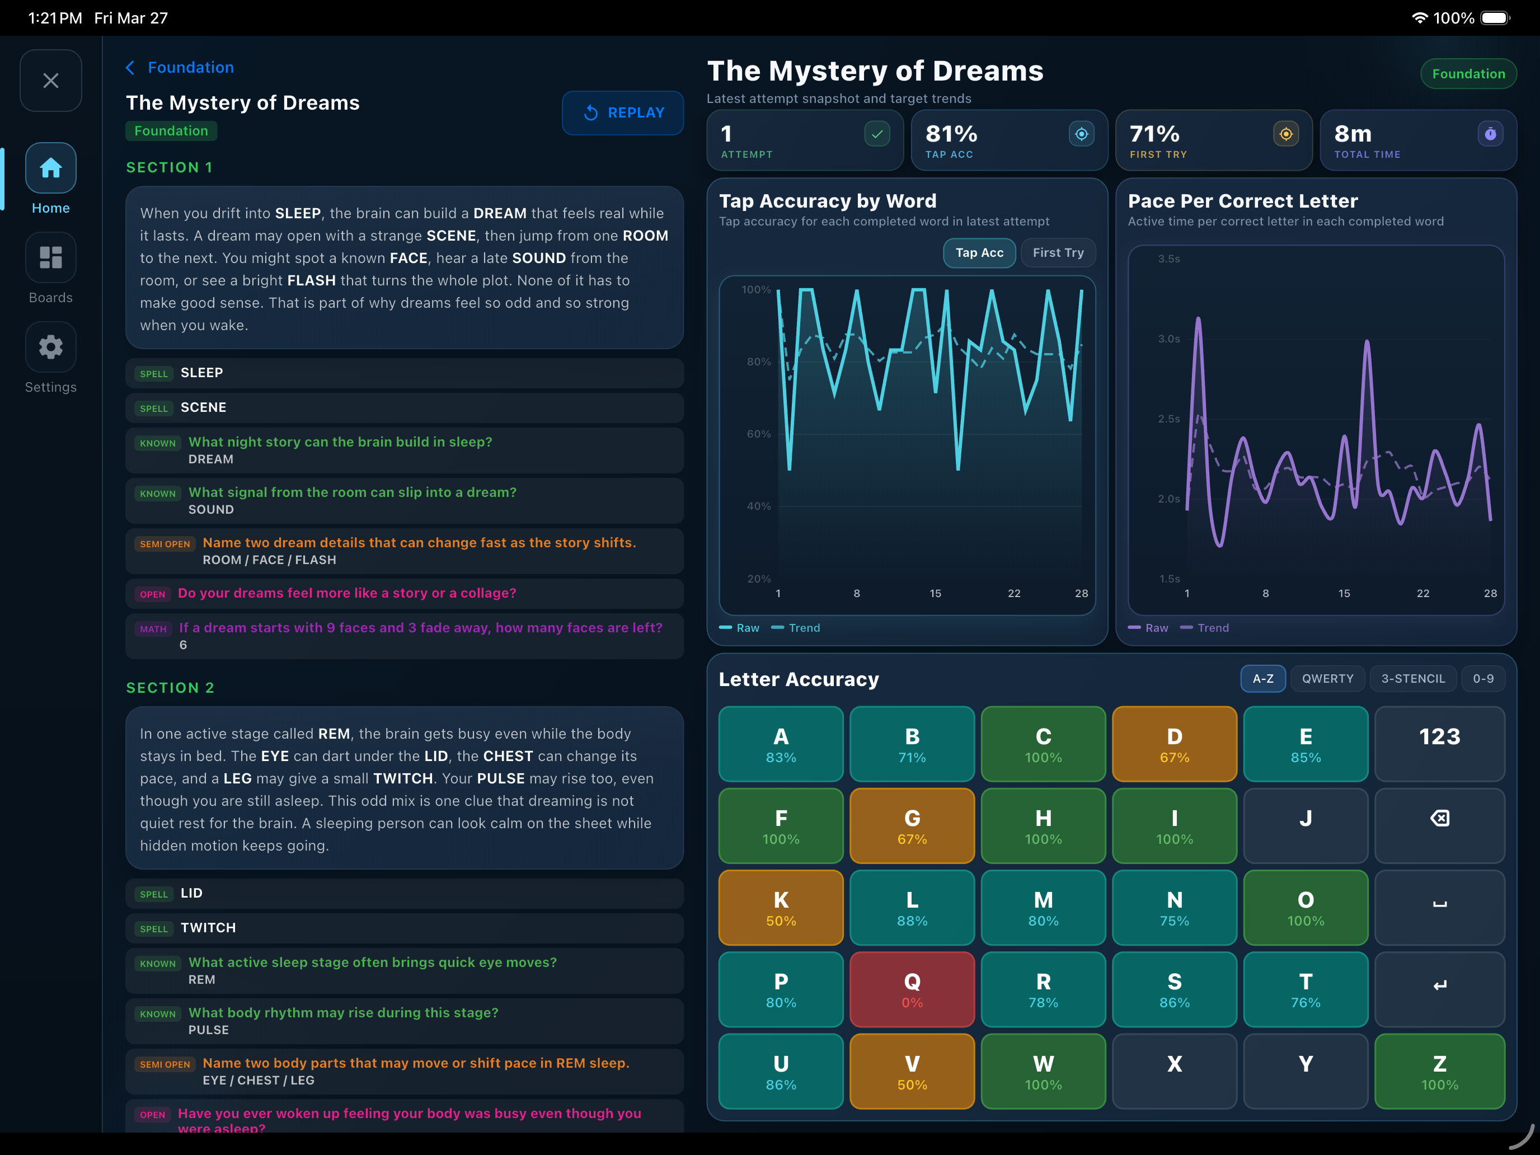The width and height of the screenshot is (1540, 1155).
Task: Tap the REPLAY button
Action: pos(622,113)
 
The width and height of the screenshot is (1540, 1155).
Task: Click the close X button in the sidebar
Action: pos(51,81)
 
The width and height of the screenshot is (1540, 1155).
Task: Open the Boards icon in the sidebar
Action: pos(51,257)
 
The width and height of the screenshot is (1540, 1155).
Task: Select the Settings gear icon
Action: pos(51,347)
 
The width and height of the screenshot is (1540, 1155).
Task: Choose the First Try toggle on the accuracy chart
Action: pos(1058,253)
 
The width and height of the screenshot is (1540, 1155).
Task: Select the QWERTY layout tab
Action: pos(1328,679)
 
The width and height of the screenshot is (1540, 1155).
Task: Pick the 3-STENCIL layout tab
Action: pos(1412,679)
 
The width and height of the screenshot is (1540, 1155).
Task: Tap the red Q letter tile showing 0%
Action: pos(912,989)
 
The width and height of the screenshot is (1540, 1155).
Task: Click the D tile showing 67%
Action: pos(1175,744)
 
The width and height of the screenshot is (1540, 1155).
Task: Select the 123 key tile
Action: pos(1439,744)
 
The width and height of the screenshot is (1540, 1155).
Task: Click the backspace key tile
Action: pos(1439,826)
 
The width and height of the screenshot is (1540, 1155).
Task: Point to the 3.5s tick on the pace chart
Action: pos(1169,259)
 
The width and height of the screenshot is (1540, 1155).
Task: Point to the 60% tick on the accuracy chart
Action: pos(759,434)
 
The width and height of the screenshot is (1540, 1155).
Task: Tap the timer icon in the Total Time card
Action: pos(1490,134)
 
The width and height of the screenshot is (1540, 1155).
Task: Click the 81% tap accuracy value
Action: pos(951,134)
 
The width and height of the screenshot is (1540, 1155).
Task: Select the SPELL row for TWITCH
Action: pos(405,928)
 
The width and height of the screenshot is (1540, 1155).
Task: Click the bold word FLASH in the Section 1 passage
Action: pos(311,280)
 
